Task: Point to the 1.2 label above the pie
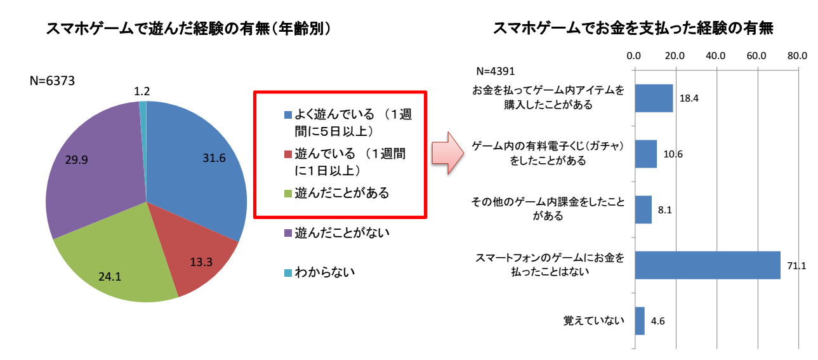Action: (x=142, y=91)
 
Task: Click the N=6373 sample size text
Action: (x=54, y=81)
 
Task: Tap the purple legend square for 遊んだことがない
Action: (x=288, y=234)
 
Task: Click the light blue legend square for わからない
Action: (x=288, y=273)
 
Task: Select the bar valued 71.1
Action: (x=707, y=265)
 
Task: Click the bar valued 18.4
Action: (x=654, y=98)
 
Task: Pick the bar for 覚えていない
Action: (x=640, y=321)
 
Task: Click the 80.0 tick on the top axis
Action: (x=796, y=56)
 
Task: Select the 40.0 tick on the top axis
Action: (x=715, y=56)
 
